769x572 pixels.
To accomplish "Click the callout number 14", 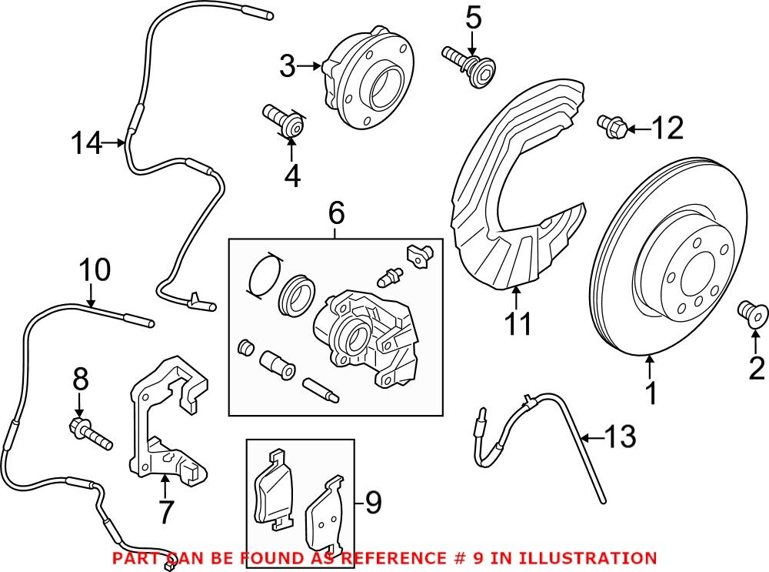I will click(x=86, y=143).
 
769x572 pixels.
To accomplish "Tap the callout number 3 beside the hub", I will click(x=287, y=67).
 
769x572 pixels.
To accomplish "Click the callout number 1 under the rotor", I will click(x=651, y=393).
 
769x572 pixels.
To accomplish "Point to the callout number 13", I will click(x=621, y=438).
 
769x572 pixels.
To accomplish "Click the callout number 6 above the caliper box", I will click(x=336, y=214).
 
